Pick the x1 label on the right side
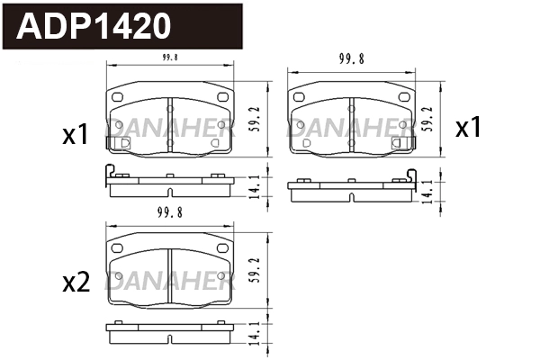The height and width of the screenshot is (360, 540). [468, 128]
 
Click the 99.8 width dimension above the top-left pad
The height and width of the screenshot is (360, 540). [169, 58]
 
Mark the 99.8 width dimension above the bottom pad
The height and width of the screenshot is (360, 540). [169, 214]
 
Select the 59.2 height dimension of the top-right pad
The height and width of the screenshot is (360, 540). [436, 117]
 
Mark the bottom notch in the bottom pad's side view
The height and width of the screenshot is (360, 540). [169, 338]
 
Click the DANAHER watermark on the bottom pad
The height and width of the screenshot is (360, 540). [169, 283]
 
